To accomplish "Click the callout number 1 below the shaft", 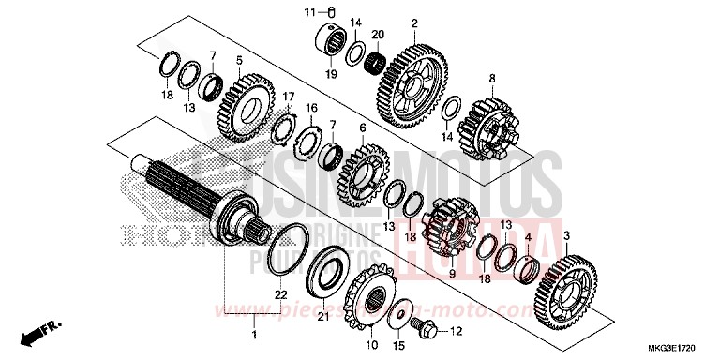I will [254, 334].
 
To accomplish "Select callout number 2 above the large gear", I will [413, 22].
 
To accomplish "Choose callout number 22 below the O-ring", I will [278, 296].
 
